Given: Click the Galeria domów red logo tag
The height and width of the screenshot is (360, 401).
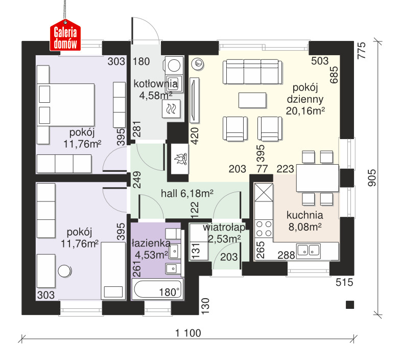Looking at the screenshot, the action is pyautogui.click(x=65, y=35).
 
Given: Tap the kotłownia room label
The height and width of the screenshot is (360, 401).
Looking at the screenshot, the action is pyautogui.click(x=156, y=84).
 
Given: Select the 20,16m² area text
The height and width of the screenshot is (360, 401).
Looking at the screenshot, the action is pyautogui.click(x=305, y=111).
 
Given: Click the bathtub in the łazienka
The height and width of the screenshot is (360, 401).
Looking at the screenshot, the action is pyautogui.click(x=157, y=289).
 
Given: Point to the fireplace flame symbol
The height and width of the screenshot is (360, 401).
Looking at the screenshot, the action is pyautogui.click(x=180, y=159).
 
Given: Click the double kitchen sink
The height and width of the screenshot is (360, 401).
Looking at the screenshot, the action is pyautogui.click(x=308, y=250).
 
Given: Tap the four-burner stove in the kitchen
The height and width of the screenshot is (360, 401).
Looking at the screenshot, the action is pyautogui.click(x=264, y=229).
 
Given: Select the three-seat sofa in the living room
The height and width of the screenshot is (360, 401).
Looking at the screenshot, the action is pyautogui.click(x=252, y=72).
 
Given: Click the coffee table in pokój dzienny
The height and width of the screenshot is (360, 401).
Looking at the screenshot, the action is pyautogui.click(x=252, y=100).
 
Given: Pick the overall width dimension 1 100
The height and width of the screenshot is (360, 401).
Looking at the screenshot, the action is pyautogui.click(x=188, y=333).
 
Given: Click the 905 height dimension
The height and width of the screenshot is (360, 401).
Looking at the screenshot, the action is pyautogui.click(x=371, y=177).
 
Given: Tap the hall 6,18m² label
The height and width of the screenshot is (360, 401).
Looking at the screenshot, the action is pyautogui.click(x=187, y=193).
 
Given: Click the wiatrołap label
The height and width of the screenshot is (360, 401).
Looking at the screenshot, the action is pyautogui.click(x=224, y=227).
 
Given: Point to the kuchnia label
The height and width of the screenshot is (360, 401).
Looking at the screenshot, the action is pyautogui.click(x=305, y=215).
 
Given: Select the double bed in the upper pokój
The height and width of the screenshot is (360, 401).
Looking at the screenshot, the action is pyautogui.click(x=66, y=104).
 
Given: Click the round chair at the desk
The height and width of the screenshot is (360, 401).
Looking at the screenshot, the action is pyautogui.click(x=64, y=271).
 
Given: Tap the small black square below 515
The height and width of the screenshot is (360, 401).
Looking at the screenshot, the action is pyautogui.click(x=350, y=305).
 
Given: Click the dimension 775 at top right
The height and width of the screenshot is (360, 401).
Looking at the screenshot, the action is pyautogui.click(x=362, y=51).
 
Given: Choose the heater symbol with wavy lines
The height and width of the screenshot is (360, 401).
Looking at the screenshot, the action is pyautogui.click(x=171, y=108).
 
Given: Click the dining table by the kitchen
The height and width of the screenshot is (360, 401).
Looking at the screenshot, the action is pyautogui.click(x=317, y=178).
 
